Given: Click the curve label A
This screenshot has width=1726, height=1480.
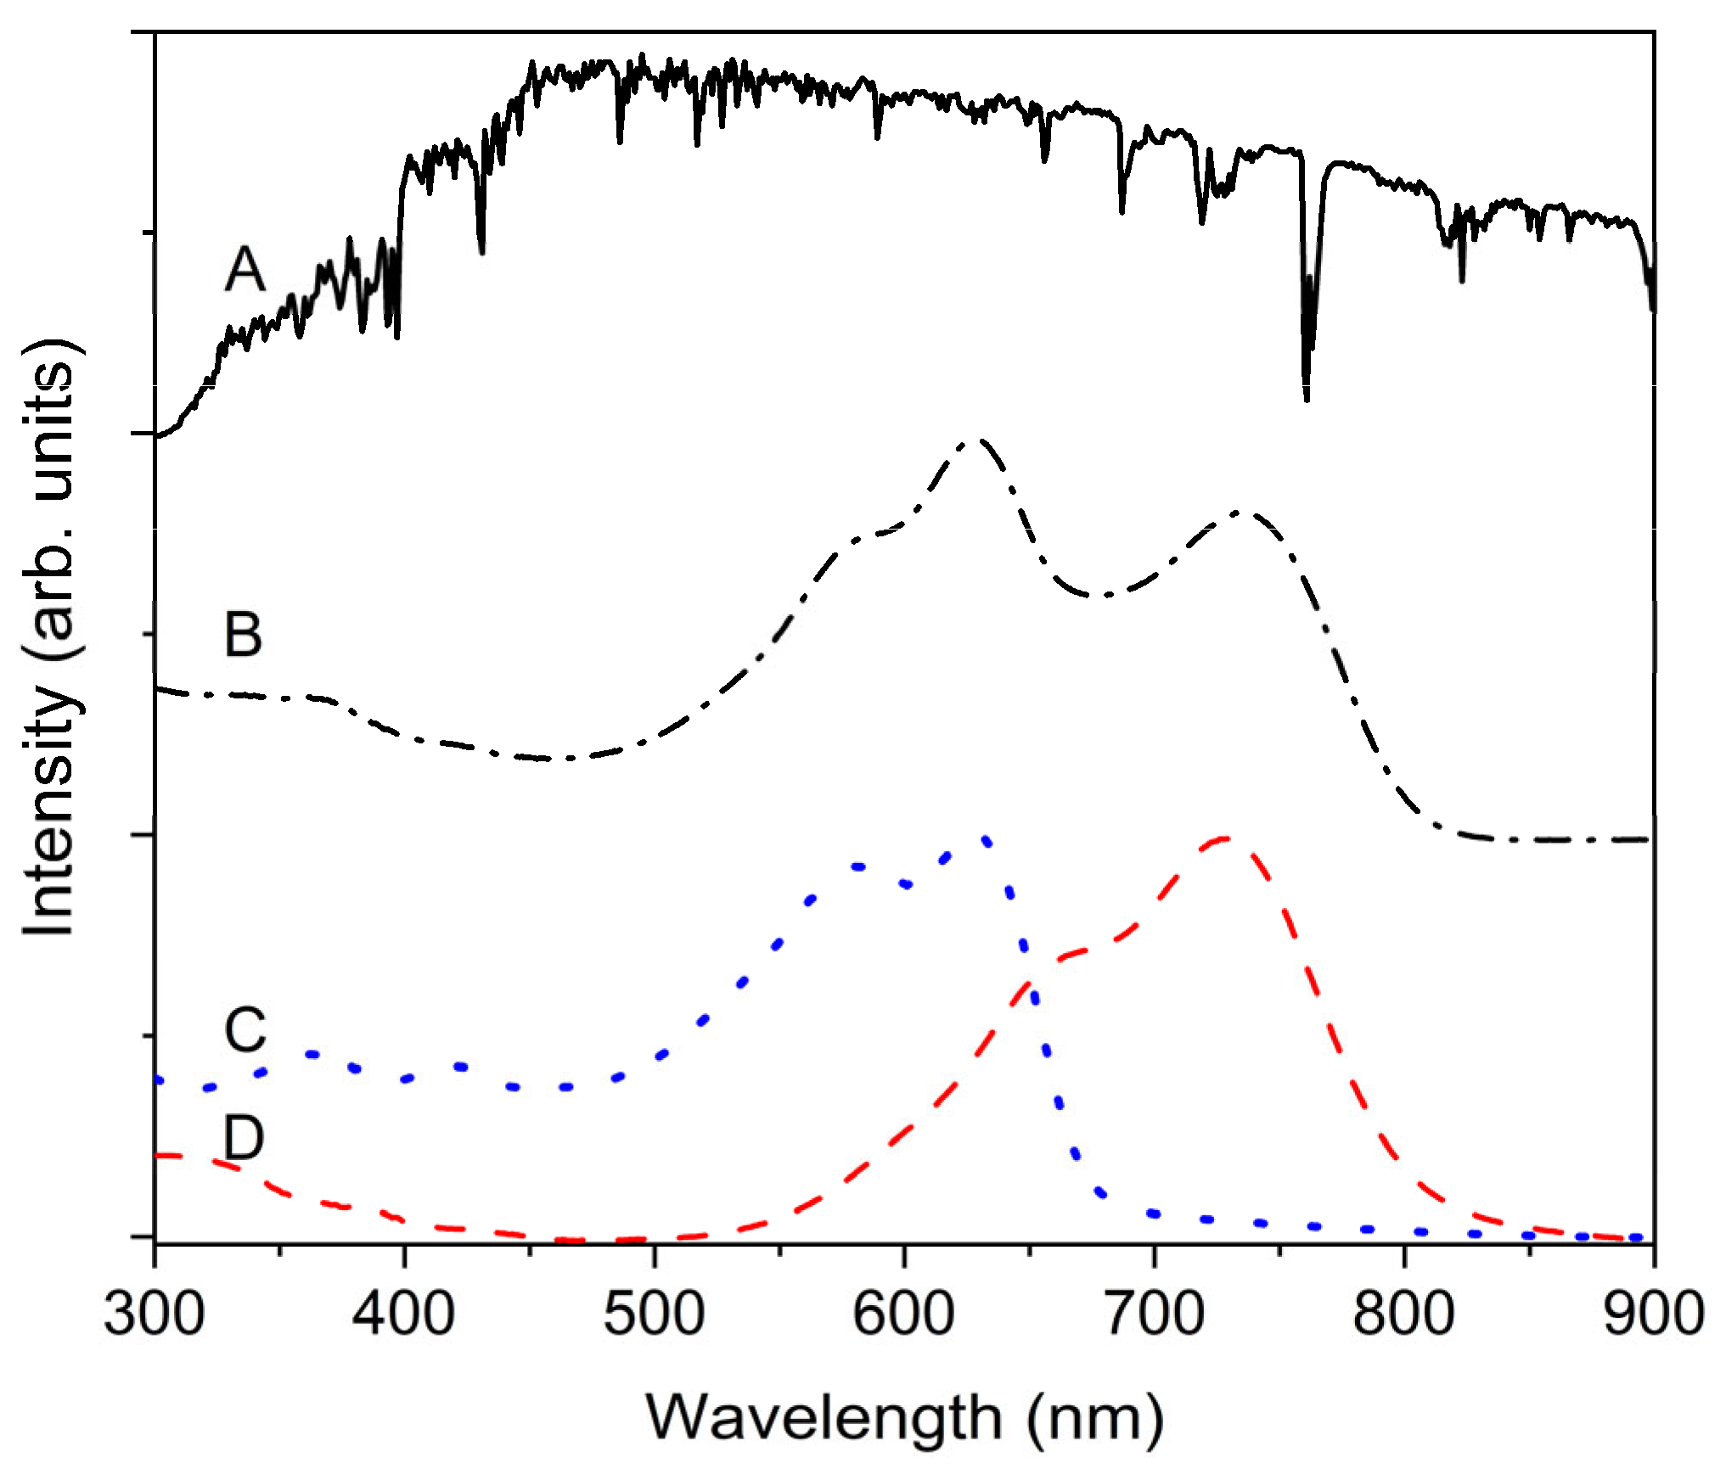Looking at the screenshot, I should tap(245, 269).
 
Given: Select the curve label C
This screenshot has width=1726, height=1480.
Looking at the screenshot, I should tap(245, 1030).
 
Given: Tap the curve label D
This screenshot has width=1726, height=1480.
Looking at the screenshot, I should tap(244, 1138).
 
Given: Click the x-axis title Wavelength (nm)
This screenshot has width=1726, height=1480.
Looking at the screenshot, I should tap(903, 1418).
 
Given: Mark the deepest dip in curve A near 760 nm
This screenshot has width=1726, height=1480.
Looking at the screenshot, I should tap(1306, 397).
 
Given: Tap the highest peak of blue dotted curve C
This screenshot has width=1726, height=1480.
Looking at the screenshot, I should tap(985, 840).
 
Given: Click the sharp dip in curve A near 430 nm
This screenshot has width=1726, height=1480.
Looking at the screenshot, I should tap(481, 250).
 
